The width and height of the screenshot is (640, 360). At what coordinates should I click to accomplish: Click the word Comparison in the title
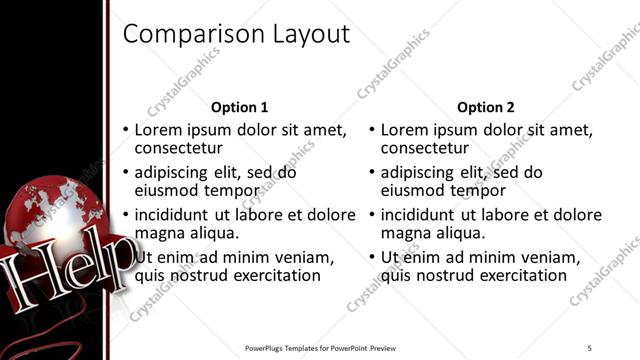[x=191, y=35]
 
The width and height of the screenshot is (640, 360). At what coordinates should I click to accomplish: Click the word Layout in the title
[x=309, y=35]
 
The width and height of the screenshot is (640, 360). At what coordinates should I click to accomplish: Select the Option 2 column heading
[x=486, y=107]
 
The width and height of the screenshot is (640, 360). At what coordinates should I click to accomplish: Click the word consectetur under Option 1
[x=177, y=149]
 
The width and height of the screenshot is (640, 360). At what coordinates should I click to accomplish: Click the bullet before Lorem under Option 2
[x=372, y=130]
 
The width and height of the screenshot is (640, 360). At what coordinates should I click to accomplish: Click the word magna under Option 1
[x=158, y=233]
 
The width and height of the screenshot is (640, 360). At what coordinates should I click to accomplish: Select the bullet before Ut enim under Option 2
[x=372, y=257]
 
